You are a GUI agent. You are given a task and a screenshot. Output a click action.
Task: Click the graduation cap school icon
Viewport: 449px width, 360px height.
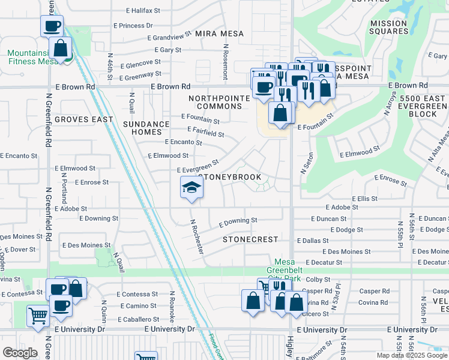191,187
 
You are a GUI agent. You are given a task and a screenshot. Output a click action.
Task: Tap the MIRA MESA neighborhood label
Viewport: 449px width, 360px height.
220,34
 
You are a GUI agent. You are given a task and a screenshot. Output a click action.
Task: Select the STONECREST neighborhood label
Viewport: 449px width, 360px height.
250,239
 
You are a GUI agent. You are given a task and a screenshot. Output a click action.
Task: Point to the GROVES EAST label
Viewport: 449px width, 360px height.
84,119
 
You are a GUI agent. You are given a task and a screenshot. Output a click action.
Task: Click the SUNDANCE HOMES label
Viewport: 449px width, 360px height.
146,128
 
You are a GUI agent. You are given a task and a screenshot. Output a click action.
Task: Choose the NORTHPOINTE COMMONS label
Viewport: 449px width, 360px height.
215,102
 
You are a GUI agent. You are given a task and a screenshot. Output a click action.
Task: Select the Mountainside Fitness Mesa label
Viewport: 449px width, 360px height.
31,57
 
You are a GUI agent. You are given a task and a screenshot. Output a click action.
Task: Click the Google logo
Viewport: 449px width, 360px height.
20,353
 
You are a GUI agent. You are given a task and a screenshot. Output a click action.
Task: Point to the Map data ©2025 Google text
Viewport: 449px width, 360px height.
412,355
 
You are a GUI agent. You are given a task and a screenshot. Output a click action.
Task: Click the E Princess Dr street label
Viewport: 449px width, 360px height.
133,26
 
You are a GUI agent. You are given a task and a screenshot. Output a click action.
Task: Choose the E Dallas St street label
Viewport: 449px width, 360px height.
312,241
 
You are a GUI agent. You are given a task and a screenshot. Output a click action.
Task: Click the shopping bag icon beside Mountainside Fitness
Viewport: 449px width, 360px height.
61,49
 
